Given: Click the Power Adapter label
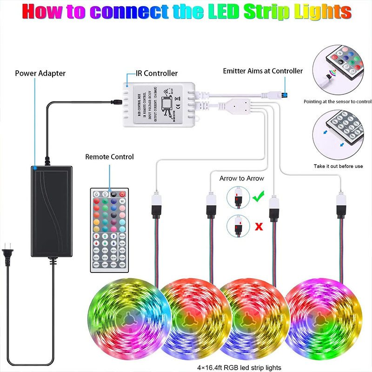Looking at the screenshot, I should (40, 73).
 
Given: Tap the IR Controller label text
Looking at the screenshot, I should (156, 73).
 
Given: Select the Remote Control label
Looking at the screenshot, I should (109, 157).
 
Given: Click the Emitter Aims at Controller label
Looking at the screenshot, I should (263, 71).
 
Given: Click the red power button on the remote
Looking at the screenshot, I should (123, 194).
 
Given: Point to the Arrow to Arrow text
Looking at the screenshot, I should (241, 179).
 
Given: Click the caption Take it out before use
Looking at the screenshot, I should (338, 166).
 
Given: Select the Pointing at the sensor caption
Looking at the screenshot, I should (338, 101).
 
